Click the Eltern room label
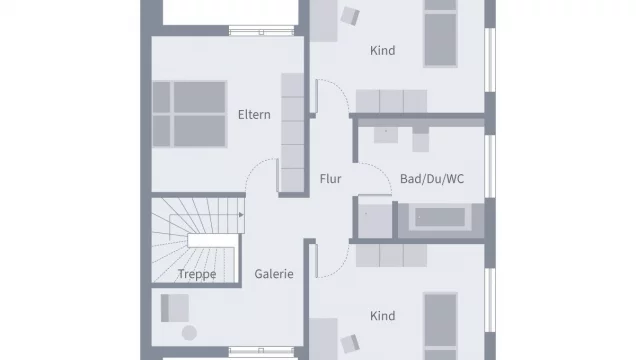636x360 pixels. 254,114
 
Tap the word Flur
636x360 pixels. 330,180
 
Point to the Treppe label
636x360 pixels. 197,274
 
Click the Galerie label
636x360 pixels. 273,274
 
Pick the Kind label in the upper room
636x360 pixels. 382,50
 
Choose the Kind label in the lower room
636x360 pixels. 382,316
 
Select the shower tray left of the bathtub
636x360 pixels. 376,219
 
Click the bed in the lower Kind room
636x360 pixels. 441,325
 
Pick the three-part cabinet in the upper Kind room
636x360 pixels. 395,101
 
